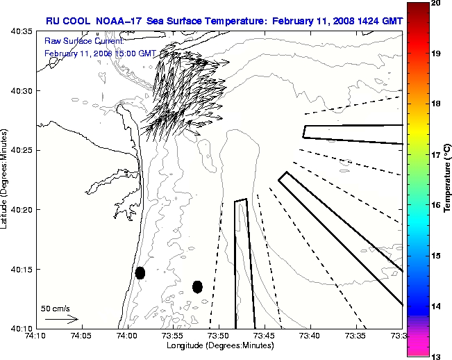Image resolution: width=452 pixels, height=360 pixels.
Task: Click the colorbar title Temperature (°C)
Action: coord(448,179)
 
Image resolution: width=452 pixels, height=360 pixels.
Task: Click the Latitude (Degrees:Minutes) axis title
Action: coord(6,179)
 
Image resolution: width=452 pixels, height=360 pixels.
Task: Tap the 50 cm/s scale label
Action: coord(55,308)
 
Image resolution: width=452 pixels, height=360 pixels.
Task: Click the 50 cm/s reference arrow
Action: coord(61,319)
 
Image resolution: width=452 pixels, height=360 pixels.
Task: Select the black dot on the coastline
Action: coord(140,272)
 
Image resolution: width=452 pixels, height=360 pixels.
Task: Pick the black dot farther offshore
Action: coord(197,286)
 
